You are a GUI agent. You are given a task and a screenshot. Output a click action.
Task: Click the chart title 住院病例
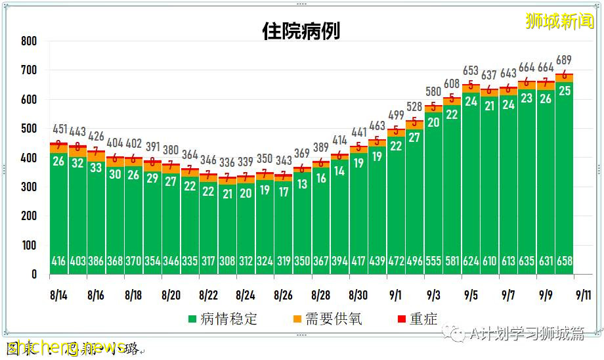pos(301,31)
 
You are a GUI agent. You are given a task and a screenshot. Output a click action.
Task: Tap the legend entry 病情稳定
pos(223,319)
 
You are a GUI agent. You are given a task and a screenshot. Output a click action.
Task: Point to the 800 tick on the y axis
pos(29,41)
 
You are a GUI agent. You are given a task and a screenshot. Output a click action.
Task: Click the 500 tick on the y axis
pos(29,129)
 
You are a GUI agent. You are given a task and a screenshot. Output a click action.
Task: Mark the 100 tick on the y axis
pos(29,246)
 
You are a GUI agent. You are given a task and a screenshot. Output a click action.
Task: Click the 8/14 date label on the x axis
pos(58,296)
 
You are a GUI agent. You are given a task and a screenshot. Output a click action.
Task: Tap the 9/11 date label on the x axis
pos(582,296)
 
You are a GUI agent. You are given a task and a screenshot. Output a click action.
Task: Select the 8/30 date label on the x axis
pos(358,296)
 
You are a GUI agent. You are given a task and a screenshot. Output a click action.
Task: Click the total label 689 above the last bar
pos(564,60)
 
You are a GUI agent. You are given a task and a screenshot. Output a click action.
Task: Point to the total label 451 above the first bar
pos(59,129)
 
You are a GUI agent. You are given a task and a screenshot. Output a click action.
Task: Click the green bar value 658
pos(564,261)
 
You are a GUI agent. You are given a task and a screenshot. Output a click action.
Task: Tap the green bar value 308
pos(227,261)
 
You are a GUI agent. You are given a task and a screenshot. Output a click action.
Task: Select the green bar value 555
pos(433,261)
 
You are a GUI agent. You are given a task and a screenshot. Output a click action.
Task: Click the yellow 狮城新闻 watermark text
pos(560,21)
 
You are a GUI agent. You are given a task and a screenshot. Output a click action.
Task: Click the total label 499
pos(396,116)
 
